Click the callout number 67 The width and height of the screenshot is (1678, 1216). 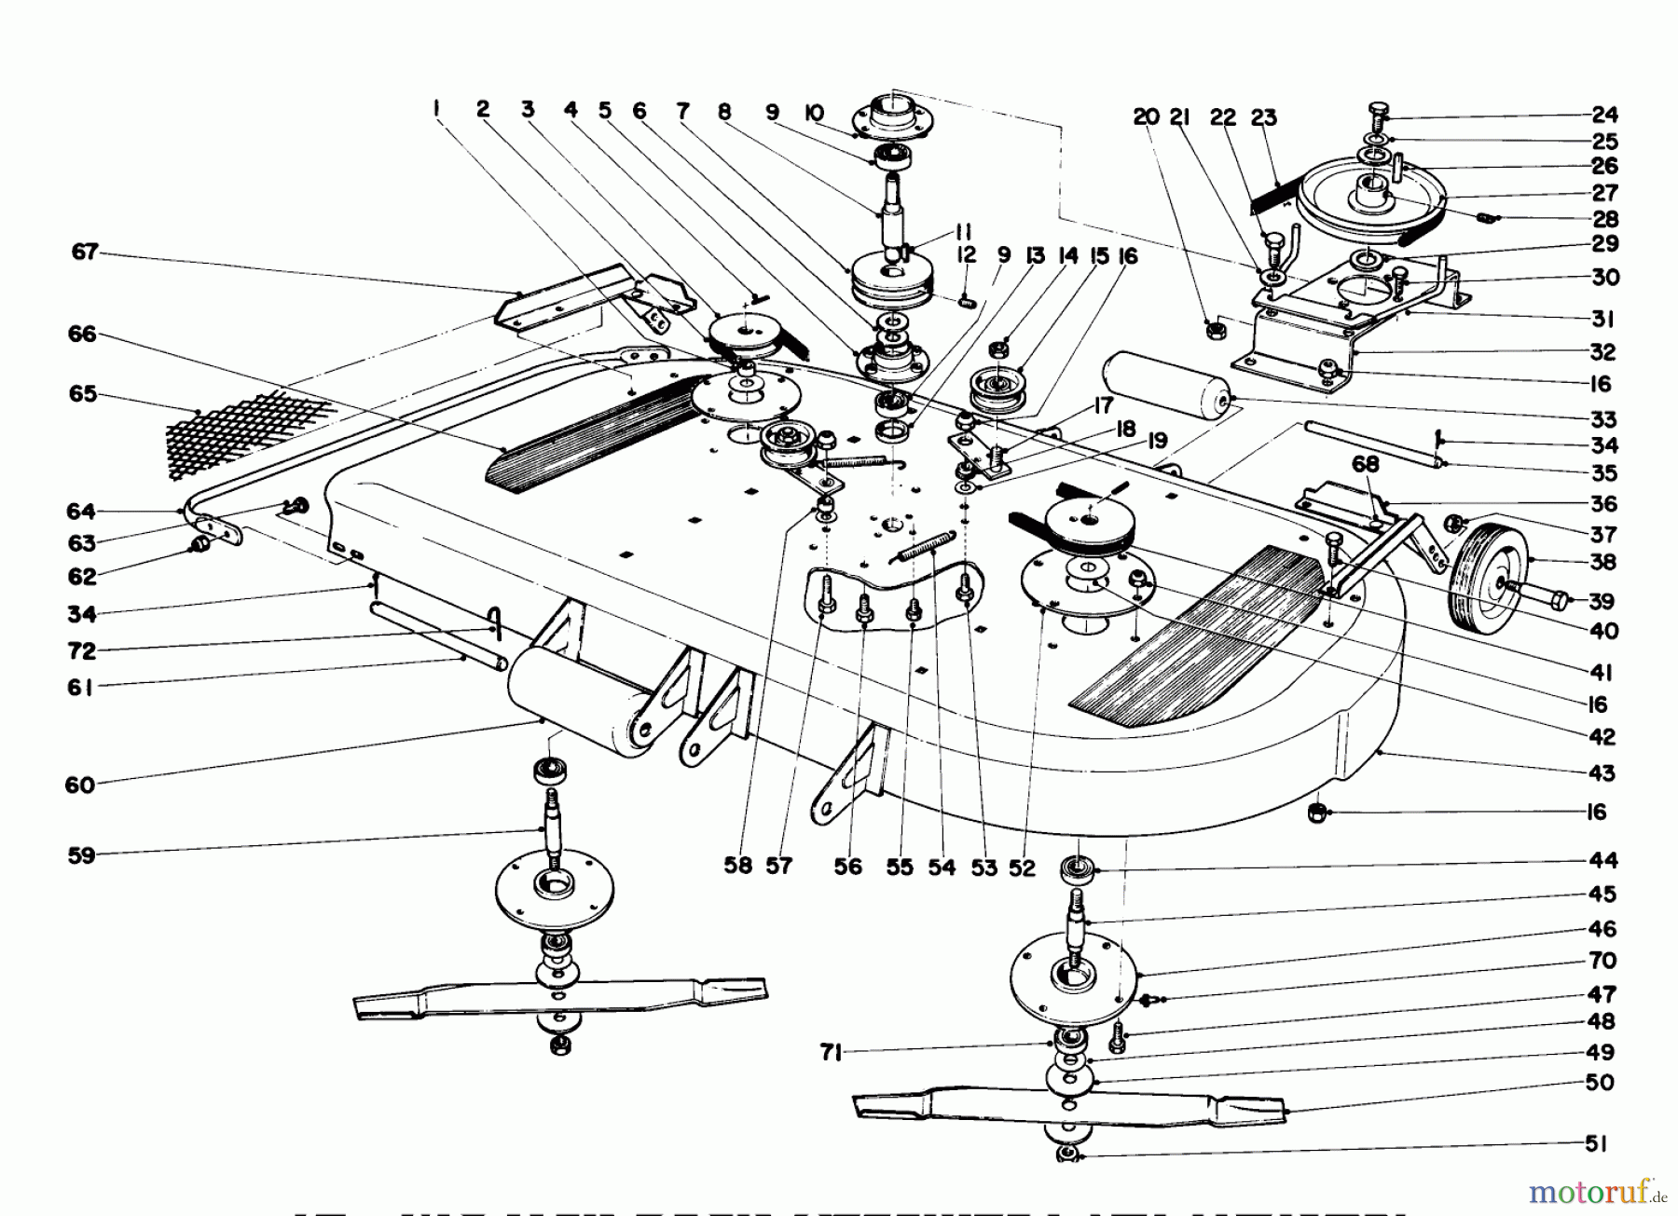(85, 253)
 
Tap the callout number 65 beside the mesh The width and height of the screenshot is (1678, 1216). (83, 394)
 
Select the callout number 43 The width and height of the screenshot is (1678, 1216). (1602, 773)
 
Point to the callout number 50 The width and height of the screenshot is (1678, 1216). (1600, 1084)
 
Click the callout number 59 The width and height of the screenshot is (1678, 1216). (82, 854)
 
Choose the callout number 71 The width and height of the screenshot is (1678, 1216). (832, 1053)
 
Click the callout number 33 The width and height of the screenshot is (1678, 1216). (1603, 419)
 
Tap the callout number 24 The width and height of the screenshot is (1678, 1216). (1604, 116)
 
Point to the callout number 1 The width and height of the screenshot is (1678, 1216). (436, 110)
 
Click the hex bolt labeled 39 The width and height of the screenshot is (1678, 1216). (1543, 597)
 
